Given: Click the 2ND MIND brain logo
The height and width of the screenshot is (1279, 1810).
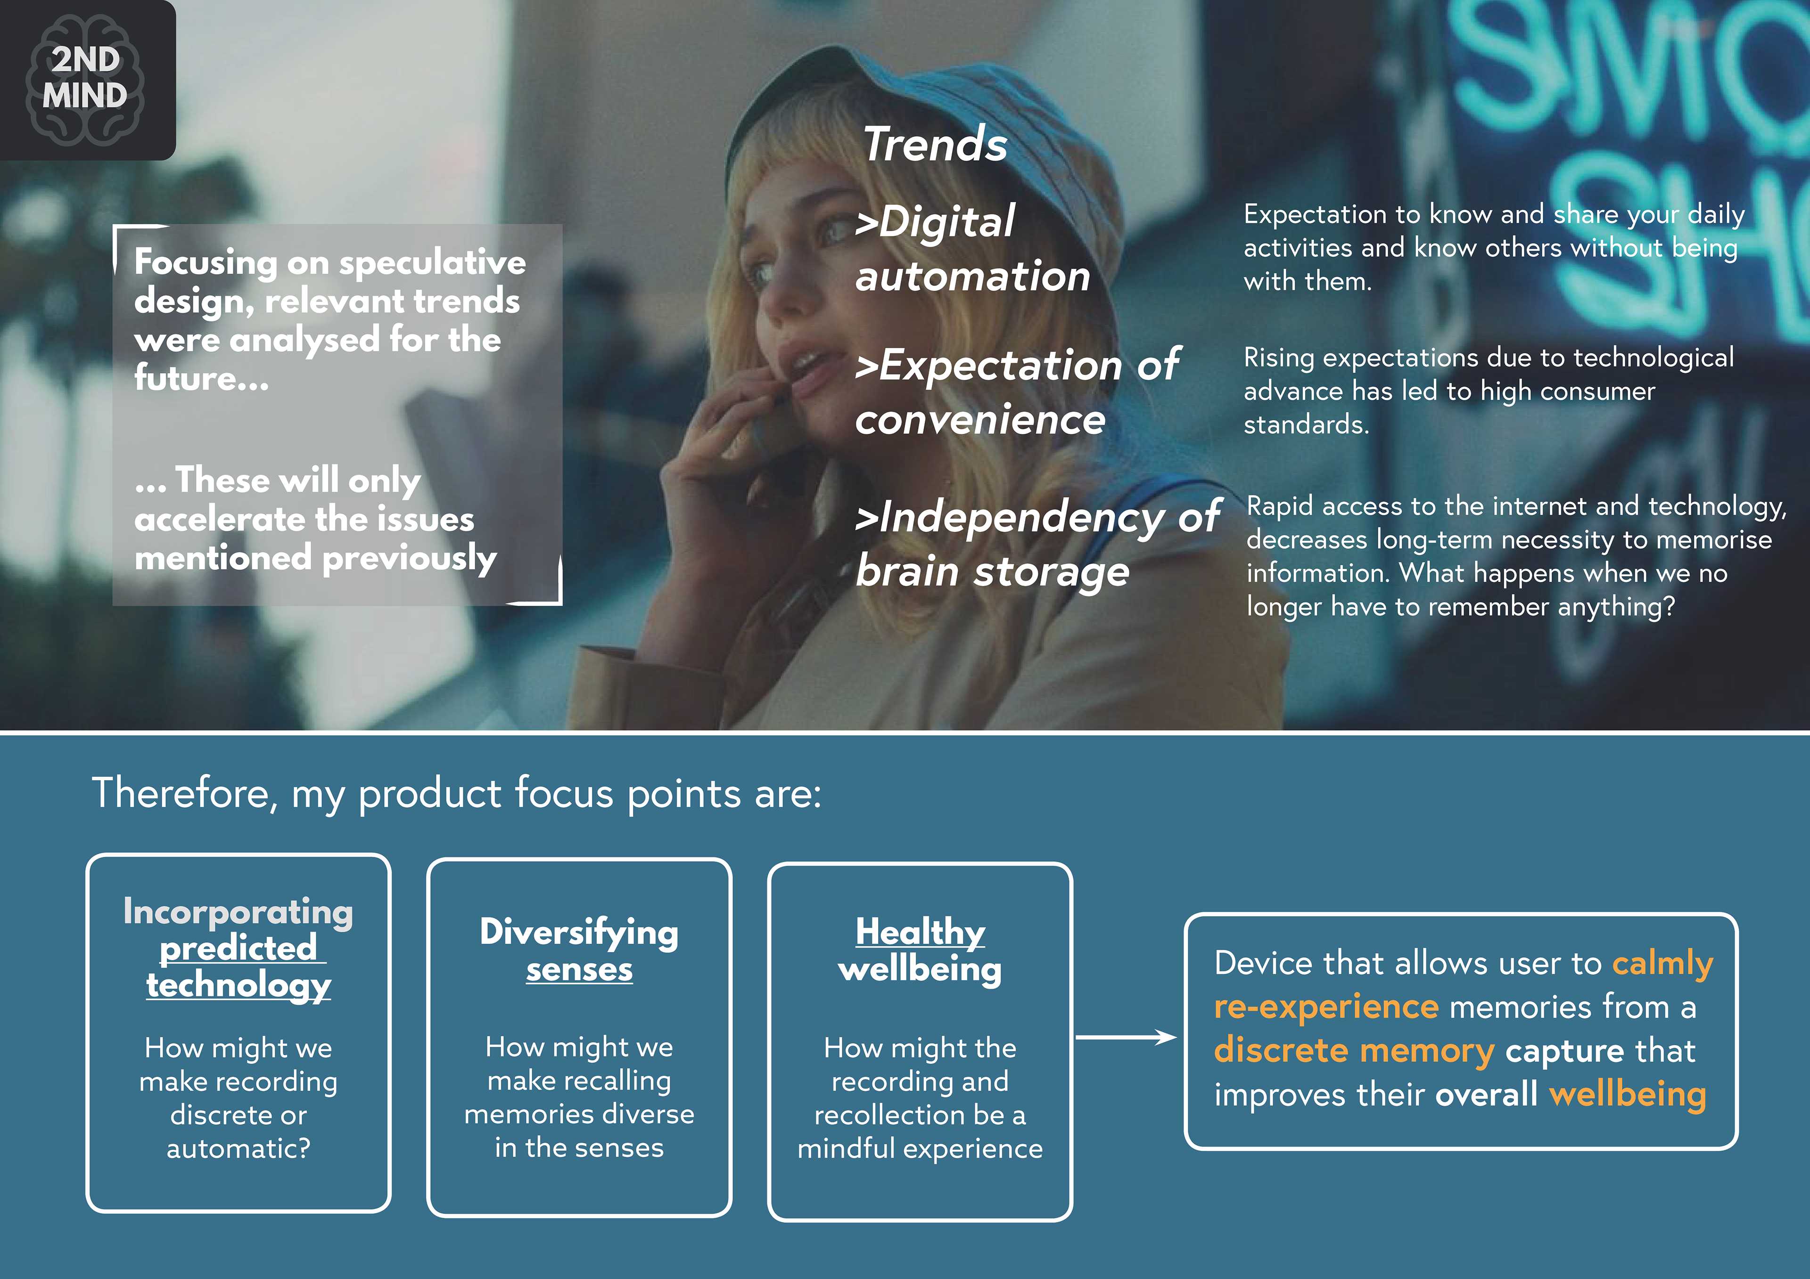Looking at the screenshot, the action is click(x=85, y=79).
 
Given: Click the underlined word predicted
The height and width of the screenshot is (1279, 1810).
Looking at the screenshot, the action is click(x=239, y=948).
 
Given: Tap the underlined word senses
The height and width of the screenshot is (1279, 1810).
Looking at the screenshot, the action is click(x=579, y=970).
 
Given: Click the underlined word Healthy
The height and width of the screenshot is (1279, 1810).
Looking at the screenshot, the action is click(x=921, y=932).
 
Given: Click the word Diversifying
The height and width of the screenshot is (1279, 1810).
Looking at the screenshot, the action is click(x=579, y=933).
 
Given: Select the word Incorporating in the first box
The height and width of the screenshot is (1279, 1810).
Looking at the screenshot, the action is click(x=238, y=912).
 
